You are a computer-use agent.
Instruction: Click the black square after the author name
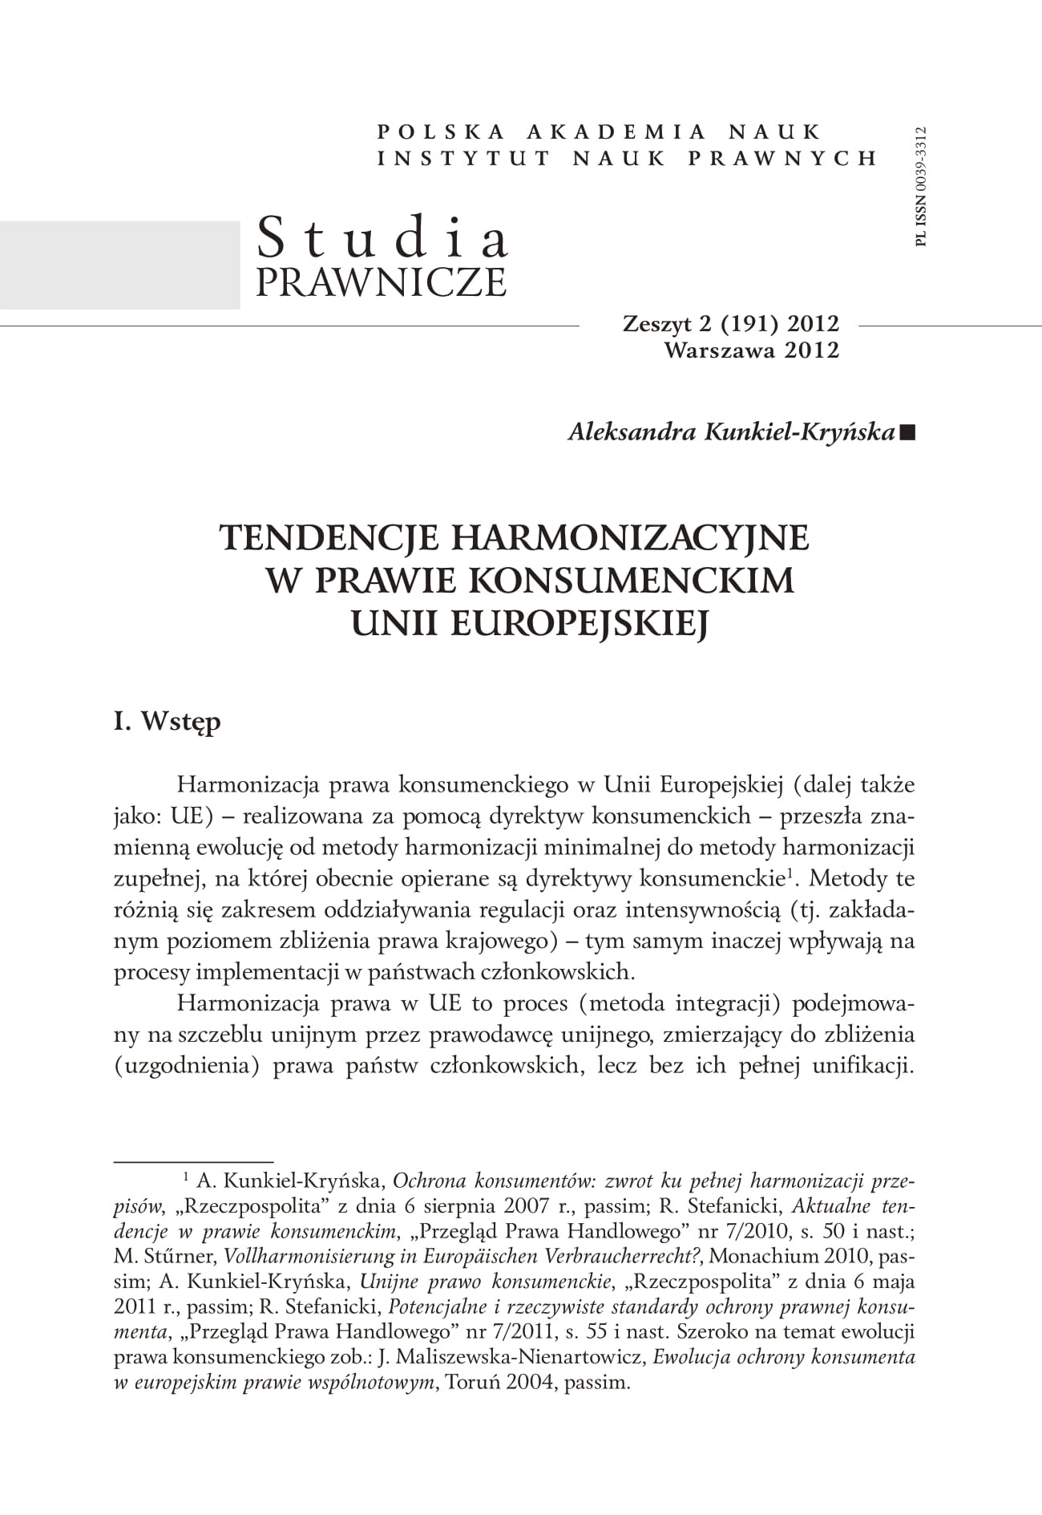907,433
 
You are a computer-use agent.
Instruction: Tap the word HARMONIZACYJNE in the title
630,538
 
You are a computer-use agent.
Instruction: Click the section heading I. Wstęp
167,722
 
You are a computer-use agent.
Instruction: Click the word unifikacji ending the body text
864,1066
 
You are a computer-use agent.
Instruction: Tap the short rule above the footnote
193,1161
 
